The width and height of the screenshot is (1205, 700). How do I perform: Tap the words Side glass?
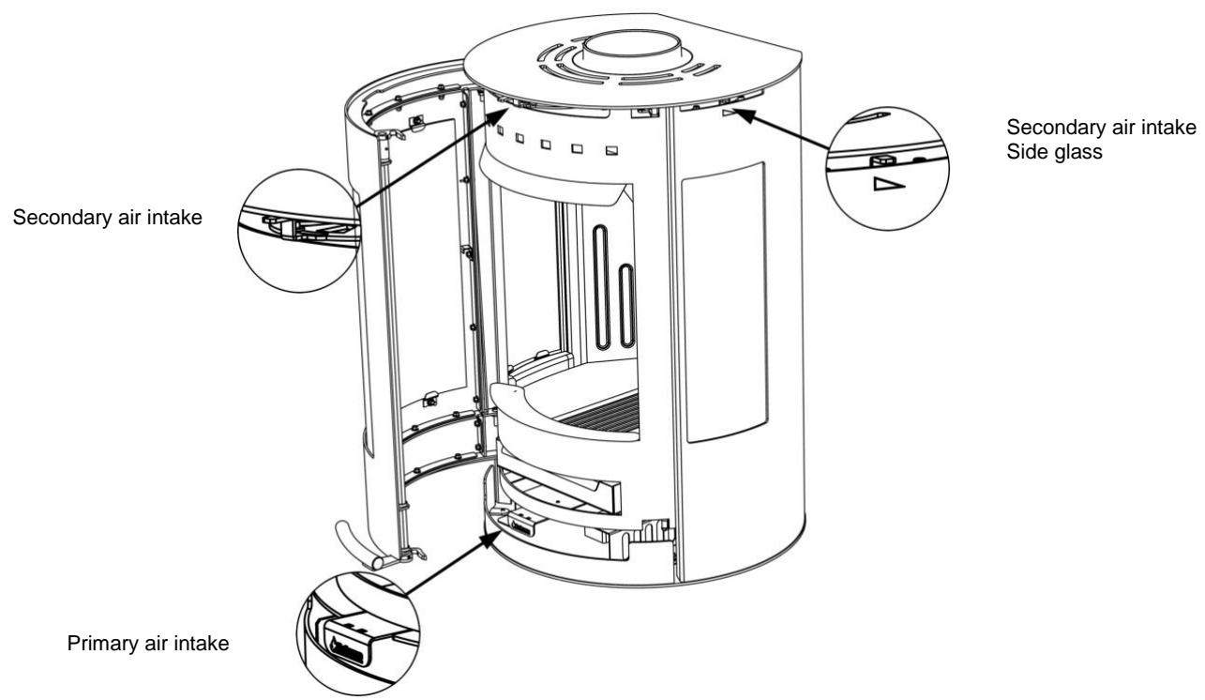pyautogui.click(x=1042, y=152)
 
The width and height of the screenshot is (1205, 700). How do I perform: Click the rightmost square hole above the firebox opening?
pyautogui.click(x=611, y=151)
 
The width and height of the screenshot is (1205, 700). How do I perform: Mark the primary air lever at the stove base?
pyautogui.click(x=521, y=519)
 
